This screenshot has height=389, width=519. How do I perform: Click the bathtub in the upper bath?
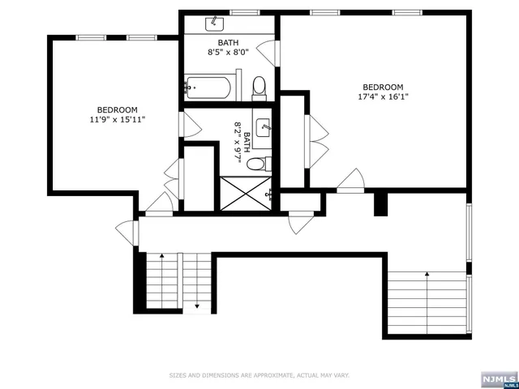[209, 85]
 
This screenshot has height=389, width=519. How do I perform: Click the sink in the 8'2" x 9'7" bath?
[264, 127]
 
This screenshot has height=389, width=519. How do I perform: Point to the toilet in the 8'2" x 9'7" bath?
[257, 163]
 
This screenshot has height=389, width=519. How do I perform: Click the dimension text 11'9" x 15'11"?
[117, 120]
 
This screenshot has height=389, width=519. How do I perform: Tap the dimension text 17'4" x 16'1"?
[382, 97]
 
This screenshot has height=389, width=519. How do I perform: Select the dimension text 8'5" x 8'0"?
[227, 50]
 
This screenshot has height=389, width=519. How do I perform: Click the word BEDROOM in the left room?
[117, 110]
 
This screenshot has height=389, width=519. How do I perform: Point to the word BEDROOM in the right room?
[382, 87]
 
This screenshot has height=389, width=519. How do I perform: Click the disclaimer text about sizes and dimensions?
[259, 375]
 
